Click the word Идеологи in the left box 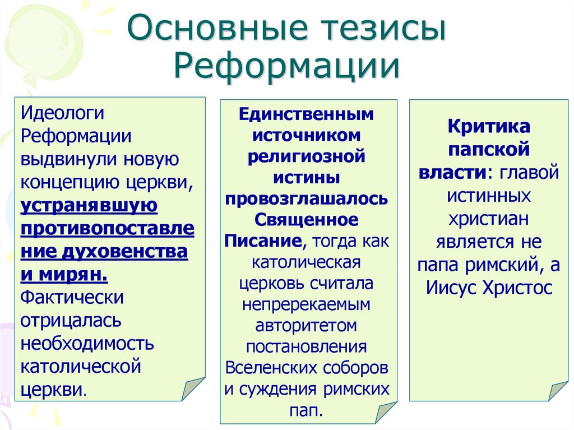click(63, 113)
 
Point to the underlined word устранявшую click(89, 206)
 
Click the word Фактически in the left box click(72, 298)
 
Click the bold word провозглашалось click(306, 200)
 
